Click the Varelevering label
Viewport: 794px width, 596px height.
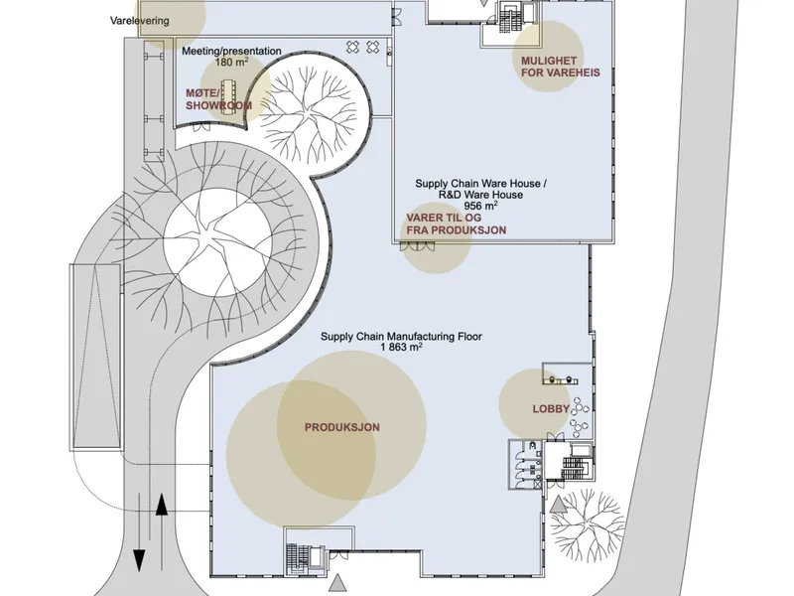140,21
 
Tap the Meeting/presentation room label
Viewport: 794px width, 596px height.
231,51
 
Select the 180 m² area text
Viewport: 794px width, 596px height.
231,62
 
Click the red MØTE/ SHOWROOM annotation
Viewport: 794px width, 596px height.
218,99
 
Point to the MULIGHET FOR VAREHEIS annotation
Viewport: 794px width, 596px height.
561,67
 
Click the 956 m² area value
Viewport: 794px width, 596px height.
480,206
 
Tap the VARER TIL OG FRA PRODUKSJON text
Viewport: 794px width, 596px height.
456,224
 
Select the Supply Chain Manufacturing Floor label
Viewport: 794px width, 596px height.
401,336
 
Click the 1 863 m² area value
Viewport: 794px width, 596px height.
401,347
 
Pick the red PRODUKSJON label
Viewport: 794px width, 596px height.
341,427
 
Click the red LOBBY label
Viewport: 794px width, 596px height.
551,409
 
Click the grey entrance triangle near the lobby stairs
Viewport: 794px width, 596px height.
558,506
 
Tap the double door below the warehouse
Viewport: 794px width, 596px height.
417,246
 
